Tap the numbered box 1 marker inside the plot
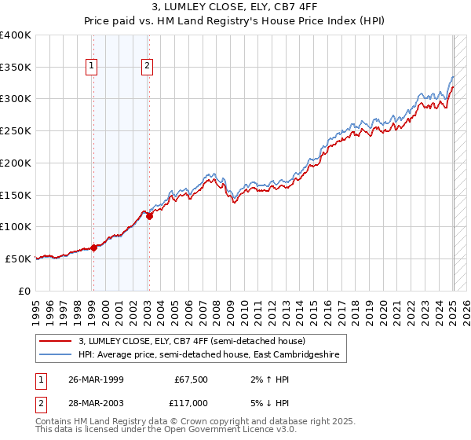click(x=93, y=67)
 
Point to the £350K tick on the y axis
click(x=16, y=68)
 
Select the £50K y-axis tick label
click(x=19, y=258)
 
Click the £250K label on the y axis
click(x=16, y=131)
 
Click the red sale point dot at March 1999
click(x=93, y=247)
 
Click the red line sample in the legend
click(x=56, y=341)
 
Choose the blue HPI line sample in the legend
click(x=56, y=355)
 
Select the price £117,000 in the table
click(x=191, y=402)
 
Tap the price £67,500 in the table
click(x=191, y=379)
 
